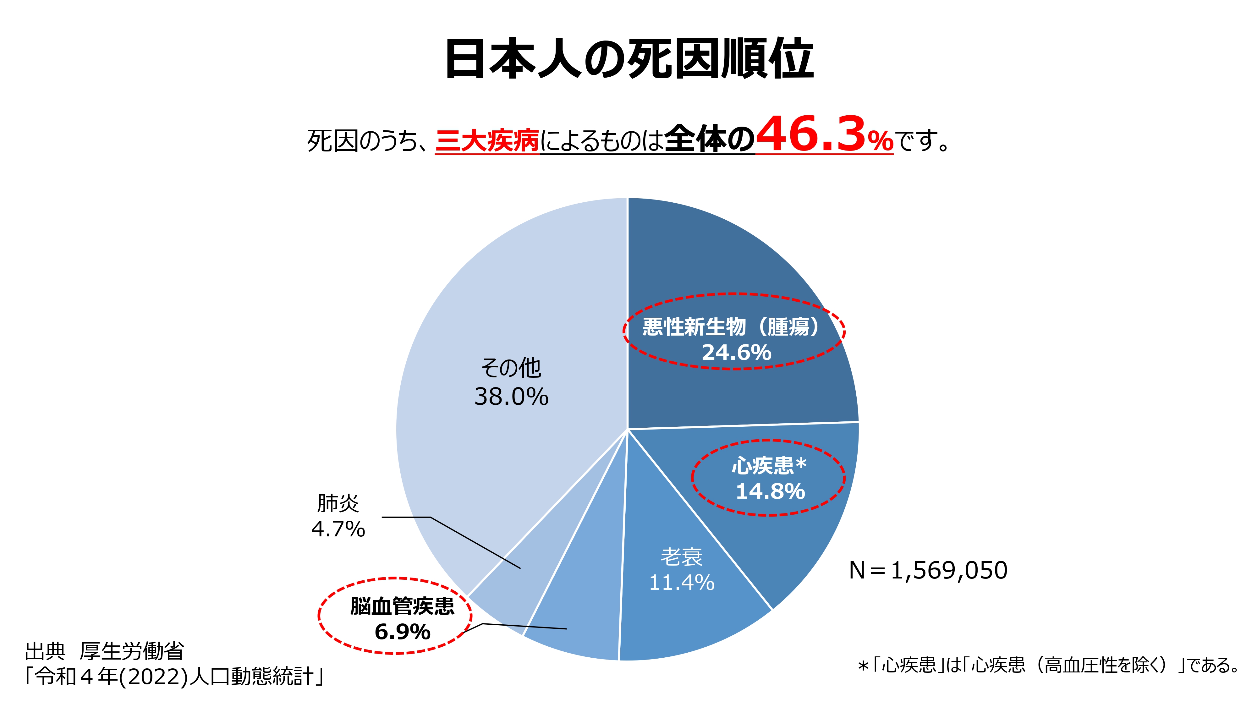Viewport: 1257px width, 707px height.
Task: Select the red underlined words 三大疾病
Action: (x=487, y=141)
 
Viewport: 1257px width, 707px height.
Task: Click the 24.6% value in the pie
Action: (x=736, y=352)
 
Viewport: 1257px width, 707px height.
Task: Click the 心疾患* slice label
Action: (x=769, y=465)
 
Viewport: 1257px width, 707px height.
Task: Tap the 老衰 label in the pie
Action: (x=681, y=557)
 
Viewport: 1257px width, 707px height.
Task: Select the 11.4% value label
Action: (x=681, y=582)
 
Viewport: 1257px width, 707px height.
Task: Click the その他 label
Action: (x=511, y=368)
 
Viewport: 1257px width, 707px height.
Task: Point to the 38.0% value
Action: (x=511, y=396)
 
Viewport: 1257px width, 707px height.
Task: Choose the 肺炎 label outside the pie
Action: (x=338, y=503)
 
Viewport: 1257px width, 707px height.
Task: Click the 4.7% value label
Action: (x=338, y=529)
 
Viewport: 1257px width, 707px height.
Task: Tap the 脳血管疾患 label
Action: (x=402, y=606)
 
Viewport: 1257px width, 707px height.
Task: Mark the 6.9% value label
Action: (x=402, y=632)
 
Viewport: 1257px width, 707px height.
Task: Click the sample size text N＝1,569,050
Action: (x=928, y=570)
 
